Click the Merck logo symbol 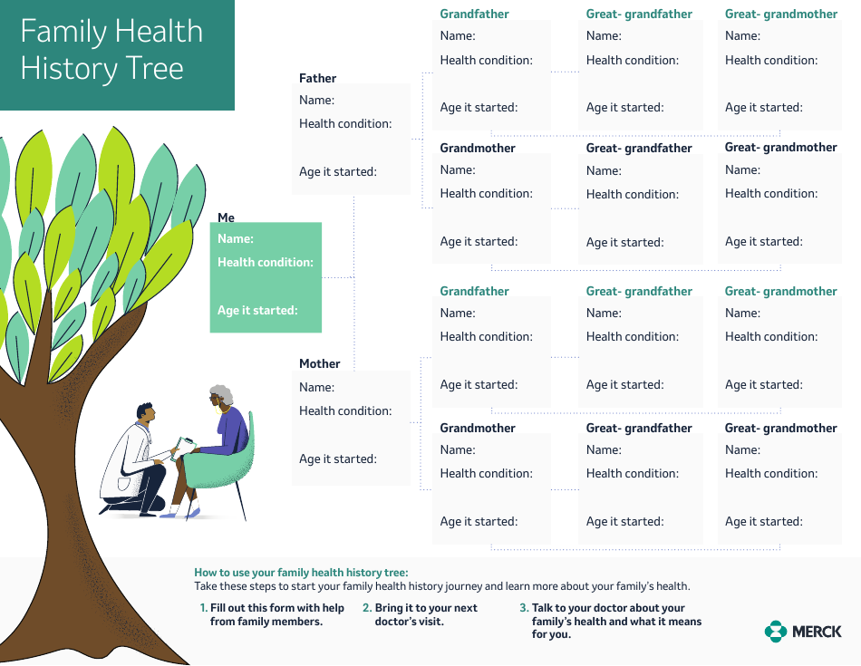click(x=775, y=631)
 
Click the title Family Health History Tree click(x=111, y=50)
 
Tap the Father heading click(x=317, y=79)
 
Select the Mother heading click(x=320, y=363)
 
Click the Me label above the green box click(x=226, y=217)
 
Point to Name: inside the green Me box click(x=235, y=239)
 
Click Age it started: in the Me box click(x=257, y=310)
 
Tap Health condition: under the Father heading click(x=345, y=123)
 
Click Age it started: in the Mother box click(x=338, y=458)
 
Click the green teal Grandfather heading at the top click(x=474, y=14)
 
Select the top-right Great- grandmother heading click(x=780, y=14)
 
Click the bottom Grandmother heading click(x=478, y=428)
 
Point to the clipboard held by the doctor click(x=184, y=446)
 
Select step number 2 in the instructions click(x=366, y=608)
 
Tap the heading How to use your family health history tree click(x=301, y=573)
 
